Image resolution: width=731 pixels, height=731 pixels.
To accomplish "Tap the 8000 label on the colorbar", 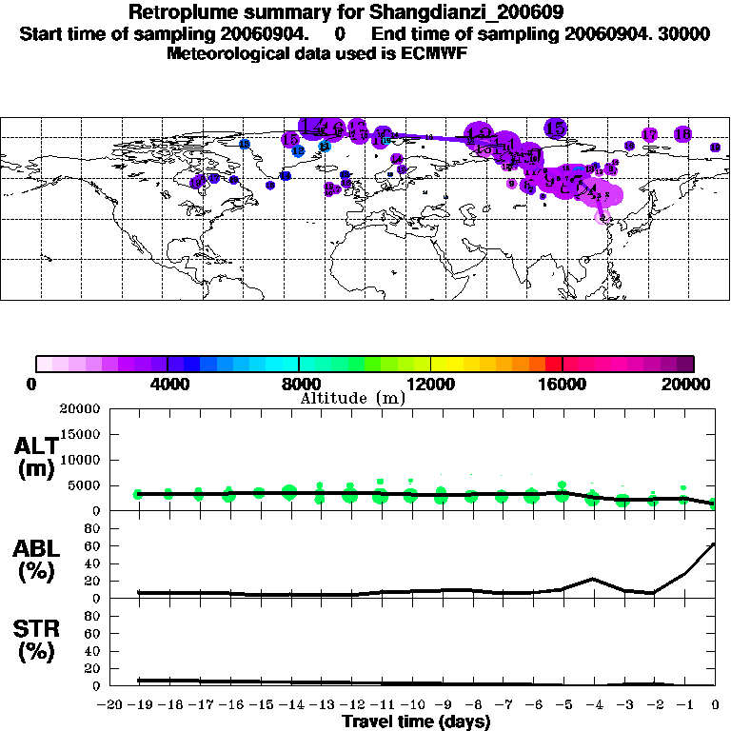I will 299,384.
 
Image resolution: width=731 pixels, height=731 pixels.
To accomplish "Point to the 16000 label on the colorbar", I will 563,384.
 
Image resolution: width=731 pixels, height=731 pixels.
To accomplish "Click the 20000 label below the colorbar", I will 693,384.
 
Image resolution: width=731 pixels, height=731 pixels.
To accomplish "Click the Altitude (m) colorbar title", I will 352,398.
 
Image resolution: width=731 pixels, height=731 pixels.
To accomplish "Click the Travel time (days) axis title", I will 416,721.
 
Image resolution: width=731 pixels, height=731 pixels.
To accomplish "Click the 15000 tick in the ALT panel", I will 80,434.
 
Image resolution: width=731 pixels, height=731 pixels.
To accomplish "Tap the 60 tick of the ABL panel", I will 92,546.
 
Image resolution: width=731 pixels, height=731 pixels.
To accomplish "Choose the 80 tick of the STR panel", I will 92,616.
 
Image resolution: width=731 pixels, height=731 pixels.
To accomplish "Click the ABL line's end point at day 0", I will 715,543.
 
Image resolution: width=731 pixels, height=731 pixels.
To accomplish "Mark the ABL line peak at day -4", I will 592,578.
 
